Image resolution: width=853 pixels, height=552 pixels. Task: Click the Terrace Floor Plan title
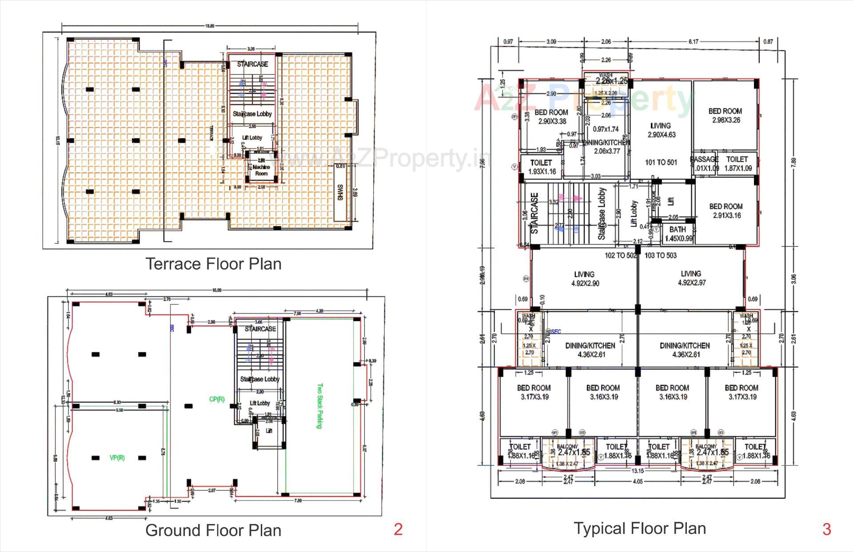pos(213,264)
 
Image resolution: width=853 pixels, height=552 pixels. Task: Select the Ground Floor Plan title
pos(213,530)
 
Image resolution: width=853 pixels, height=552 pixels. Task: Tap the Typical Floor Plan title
pos(640,528)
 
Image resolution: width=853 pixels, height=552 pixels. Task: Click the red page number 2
pos(398,529)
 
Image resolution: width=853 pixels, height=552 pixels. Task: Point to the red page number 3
pos(827,529)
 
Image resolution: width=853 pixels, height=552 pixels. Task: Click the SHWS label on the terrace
pos(340,192)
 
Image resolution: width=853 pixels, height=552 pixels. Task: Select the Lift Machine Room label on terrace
pos(261,167)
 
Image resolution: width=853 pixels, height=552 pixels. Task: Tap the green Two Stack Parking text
pos(319,406)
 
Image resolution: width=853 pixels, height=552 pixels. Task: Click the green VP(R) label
pos(117,458)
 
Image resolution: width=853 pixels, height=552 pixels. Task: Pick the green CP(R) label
pos(217,399)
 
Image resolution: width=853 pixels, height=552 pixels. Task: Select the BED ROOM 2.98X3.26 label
pos(725,115)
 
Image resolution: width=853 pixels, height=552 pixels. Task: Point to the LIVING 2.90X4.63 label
pos(661,130)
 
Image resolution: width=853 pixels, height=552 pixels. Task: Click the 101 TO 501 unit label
pos(661,163)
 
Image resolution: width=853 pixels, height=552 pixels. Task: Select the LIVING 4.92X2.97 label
pos(691,278)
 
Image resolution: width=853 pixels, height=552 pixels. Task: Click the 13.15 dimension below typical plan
pos(638,471)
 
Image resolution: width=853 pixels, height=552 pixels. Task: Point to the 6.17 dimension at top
pos(693,42)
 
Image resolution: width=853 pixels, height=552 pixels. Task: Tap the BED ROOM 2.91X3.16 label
pos(726,211)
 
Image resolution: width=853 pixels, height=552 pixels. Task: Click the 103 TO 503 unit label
pos(661,255)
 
